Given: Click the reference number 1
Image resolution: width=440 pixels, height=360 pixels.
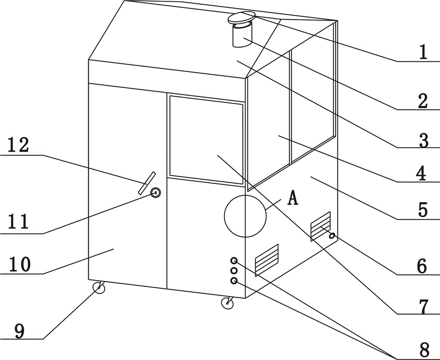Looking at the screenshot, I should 422,53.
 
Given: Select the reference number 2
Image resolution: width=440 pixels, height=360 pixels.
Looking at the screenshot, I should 422,101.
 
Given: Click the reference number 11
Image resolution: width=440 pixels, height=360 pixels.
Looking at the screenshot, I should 20,222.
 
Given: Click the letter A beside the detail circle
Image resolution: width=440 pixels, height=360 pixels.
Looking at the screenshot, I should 293,198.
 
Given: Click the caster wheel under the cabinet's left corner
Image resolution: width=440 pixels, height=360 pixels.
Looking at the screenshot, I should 100,288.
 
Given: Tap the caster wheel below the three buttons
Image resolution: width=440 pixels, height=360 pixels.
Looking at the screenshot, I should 227,303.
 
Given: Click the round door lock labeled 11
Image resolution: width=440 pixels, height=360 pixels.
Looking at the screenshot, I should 156,193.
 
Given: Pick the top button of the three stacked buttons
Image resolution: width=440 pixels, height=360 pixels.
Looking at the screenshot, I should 234,261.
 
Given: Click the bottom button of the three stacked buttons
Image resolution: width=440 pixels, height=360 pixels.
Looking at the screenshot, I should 234,280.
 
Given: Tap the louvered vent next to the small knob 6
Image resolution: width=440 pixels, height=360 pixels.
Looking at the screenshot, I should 320,225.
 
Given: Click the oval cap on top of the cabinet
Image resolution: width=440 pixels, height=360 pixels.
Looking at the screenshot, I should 241,18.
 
